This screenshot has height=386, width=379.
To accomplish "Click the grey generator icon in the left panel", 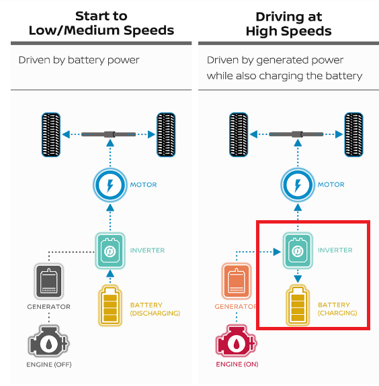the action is [x=49, y=281].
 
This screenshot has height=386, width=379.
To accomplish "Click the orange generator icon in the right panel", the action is [x=237, y=281].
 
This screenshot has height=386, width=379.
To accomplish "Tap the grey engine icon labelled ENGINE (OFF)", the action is [x=49, y=341].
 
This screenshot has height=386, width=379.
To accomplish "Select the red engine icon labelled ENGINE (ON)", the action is [x=237, y=341].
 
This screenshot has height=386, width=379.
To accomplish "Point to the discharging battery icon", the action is [x=110, y=305].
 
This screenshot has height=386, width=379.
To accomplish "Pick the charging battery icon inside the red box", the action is [x=298, y=305].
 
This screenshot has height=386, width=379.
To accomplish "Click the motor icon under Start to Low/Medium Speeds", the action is [x=110, y=185].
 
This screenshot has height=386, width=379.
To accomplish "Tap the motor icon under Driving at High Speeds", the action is [x=298, y=185].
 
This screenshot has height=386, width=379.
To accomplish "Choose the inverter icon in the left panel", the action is [x=110, y=250].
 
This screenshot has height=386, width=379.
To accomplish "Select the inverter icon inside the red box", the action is [x=298, y=250].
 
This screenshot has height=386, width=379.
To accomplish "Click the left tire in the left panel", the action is [x=51, y=135].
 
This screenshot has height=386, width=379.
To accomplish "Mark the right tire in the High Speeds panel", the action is [x=353, y=135].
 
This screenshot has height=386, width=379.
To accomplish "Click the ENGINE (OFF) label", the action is [x=49, y=365].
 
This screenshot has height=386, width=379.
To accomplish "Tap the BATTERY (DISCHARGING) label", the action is [x=155, y=309].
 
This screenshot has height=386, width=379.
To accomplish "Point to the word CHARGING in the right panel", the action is [x=337, y=313].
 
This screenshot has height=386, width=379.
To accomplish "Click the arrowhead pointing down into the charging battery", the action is [x=298, y=279].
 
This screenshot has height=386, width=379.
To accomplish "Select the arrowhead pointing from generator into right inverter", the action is [x=277, y=252].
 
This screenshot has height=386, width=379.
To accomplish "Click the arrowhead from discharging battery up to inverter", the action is [x=110, y=273].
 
